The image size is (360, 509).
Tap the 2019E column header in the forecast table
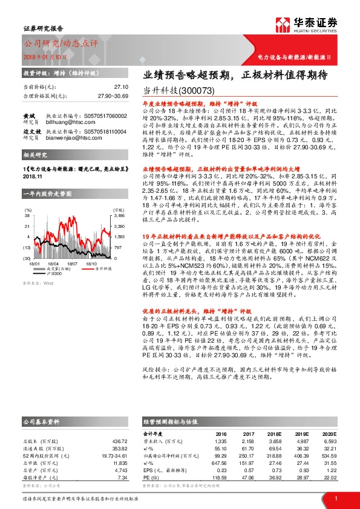(x=301, y=433)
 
